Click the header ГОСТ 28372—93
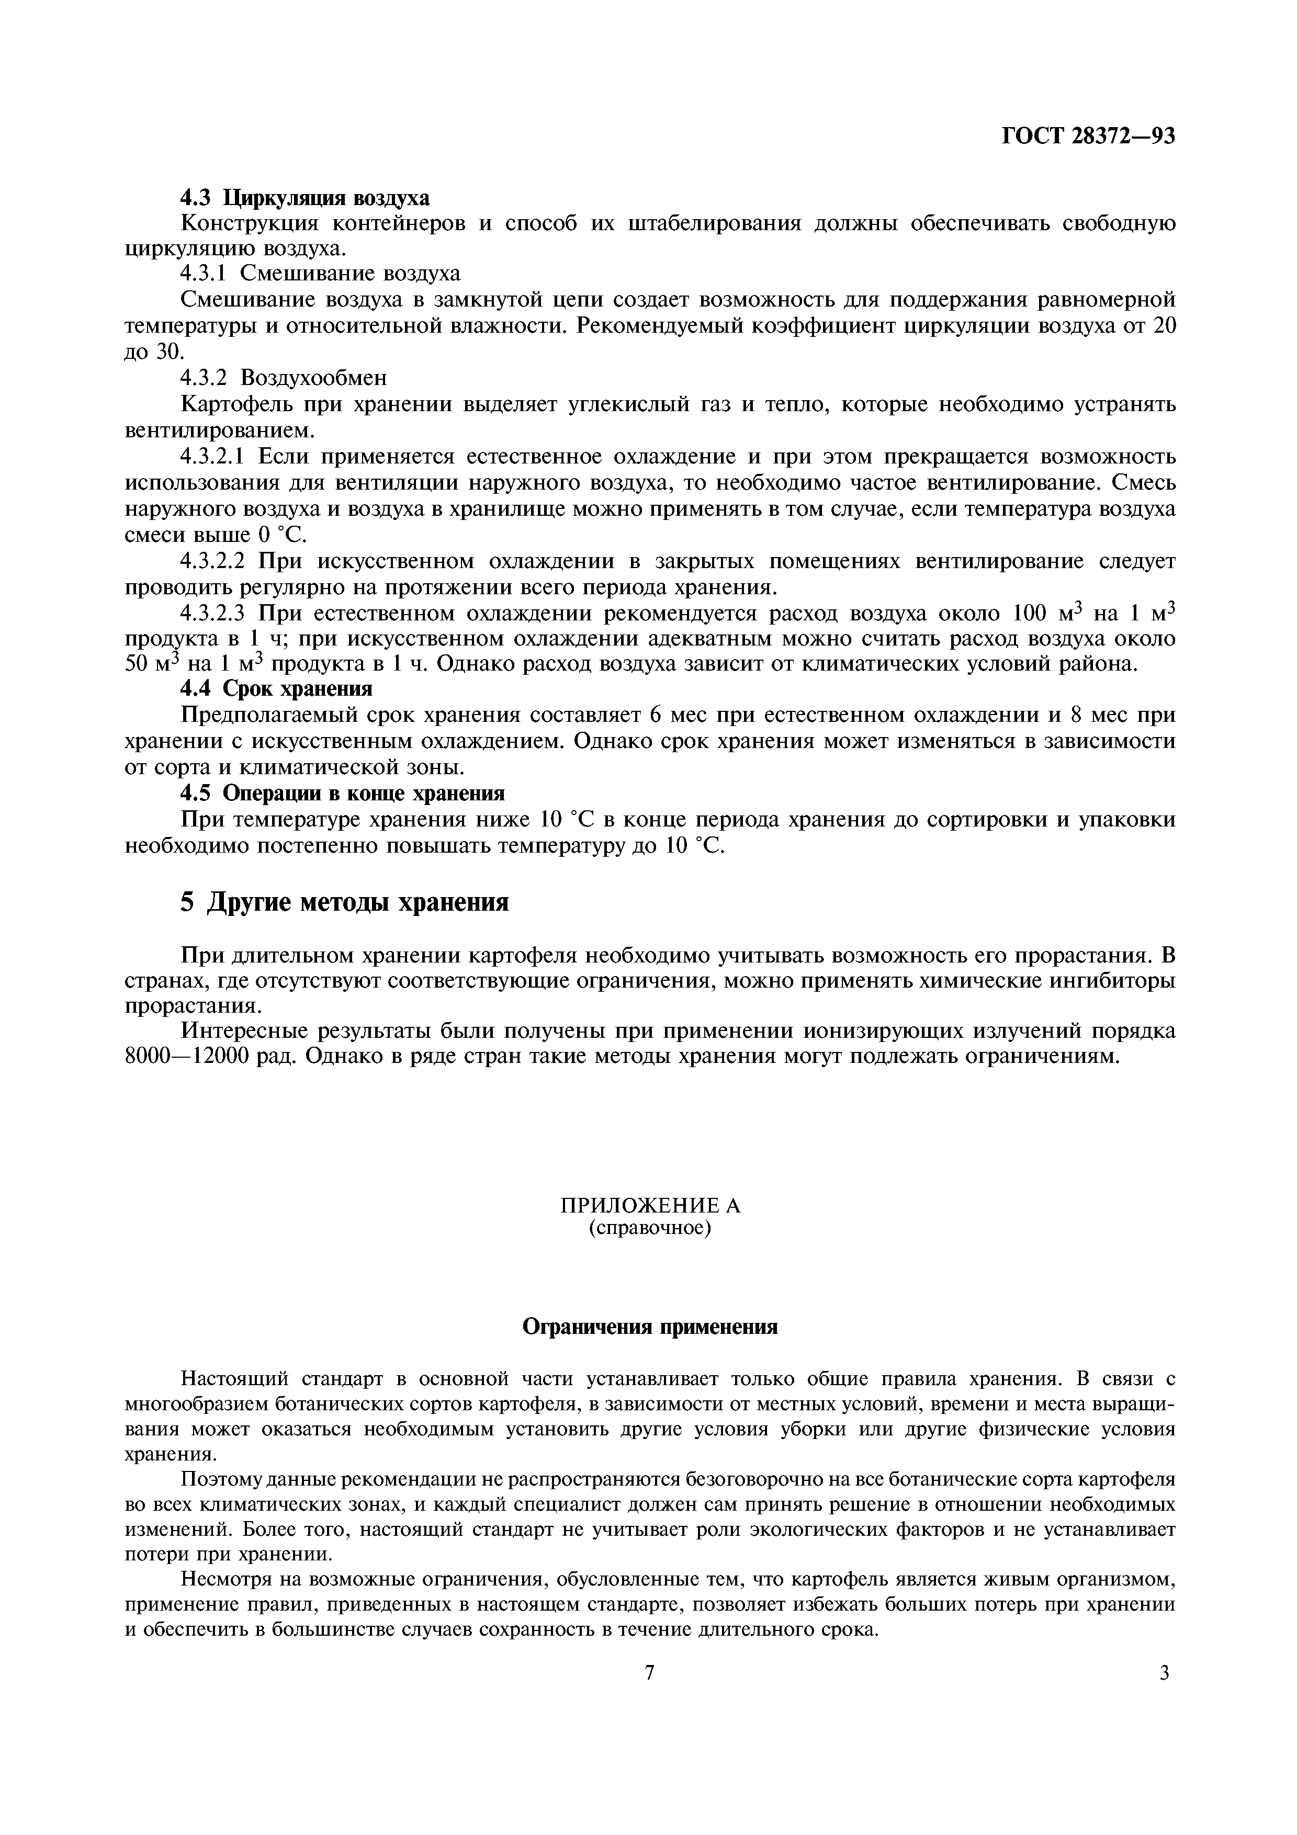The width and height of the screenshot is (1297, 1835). coord(1088,136)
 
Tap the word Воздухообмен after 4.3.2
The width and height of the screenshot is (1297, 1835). coord(313,377)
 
